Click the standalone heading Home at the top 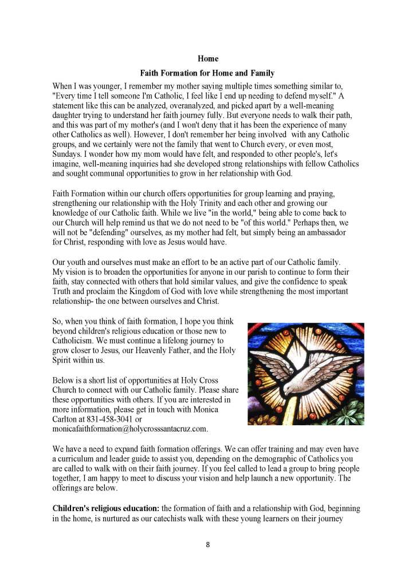point(207,59)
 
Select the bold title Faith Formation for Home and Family point(207,74)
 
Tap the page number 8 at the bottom point(208,544)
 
